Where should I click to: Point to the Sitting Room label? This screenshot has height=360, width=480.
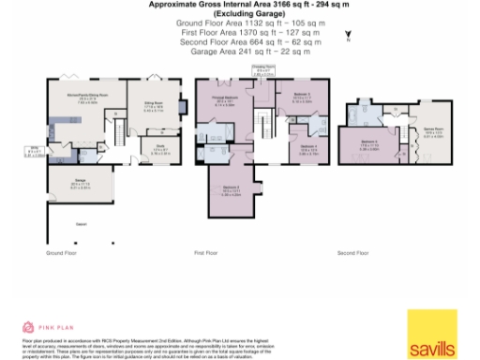[x=152, y=107]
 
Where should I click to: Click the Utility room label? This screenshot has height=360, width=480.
[x=31, y=148]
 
